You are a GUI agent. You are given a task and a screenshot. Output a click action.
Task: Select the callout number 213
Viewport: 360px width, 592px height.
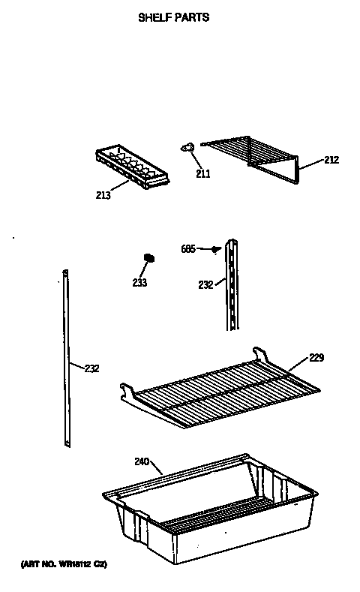click(x=103, y=196)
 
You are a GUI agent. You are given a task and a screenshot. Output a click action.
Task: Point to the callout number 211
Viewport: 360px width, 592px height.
click(x=202, y=174)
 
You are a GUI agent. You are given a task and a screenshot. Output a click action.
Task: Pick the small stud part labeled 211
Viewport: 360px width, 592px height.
click(x=187, y=147)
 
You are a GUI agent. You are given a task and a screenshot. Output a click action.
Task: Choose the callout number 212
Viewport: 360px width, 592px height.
click(x=331, y=160)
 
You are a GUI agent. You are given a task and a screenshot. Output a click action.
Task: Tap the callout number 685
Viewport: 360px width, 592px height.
click(x=189, y=248)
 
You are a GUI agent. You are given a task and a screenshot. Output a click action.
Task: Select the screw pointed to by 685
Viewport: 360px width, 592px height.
click(x=216, y=248)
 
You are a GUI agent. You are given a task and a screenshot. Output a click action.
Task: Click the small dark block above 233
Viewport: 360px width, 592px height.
click(x=148, y=258)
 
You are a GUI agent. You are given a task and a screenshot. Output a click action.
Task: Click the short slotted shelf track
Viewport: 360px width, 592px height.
click(x=234, y=285)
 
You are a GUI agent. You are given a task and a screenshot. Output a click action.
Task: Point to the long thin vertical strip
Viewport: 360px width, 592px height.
click(x=66, y=360)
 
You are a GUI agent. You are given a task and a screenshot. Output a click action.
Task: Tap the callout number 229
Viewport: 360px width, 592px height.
click(x=316, y=358)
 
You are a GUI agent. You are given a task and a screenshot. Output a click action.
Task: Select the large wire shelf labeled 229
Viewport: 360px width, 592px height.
click(x=225, y=390)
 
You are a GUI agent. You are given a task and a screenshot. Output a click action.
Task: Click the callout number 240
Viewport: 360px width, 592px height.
click(x=142, y=461)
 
